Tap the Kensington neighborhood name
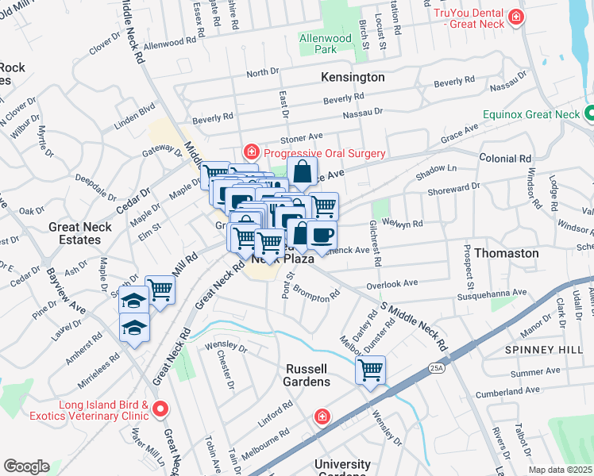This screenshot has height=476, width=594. click(353, 77)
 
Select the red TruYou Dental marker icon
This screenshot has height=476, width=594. click(517, 17)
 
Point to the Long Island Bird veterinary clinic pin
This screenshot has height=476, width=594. click(160, 409)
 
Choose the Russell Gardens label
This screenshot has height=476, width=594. click(307, 375)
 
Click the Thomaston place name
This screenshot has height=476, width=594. click(507, 253)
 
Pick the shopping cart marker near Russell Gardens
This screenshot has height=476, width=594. click(370, 370)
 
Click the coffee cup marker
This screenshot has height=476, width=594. click(322, 236)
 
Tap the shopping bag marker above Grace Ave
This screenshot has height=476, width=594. click(303, 171)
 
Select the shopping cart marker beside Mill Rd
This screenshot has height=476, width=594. click(160, 290)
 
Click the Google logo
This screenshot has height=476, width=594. click(25, 466)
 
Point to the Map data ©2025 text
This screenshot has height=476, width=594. click(560, 470)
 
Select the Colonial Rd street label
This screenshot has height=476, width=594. click(505, 159)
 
